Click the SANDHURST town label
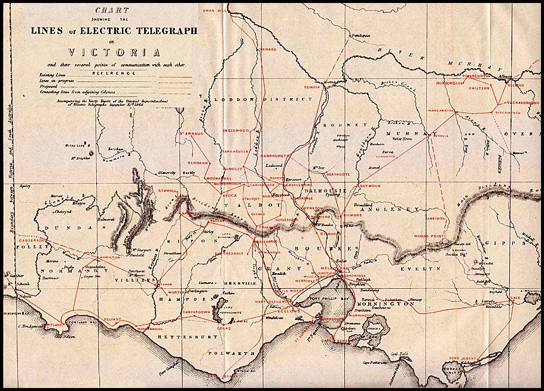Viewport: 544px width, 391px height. (x=274, y=155)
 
